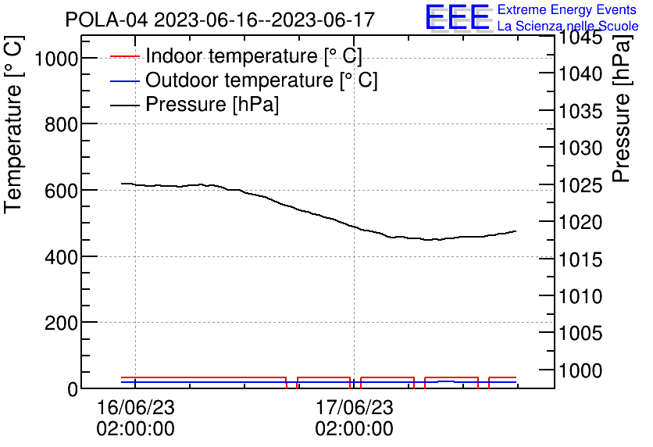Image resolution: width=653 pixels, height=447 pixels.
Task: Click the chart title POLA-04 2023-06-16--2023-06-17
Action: pyautogui.click(x=219, y=20)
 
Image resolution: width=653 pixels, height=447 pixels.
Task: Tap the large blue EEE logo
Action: pyautogui.click(x=458, y=17)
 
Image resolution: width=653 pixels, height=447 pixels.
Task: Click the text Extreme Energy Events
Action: pyautogui.click(x=568, y=10)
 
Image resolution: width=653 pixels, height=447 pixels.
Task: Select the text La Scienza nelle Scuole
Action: pyautogui.click(x=568, y=26)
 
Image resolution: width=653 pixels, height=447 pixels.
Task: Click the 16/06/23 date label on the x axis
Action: pyautogui.click(x=135, y=408)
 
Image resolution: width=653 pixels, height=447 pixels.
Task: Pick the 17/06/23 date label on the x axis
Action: pyautogui.click(x=354, y=408)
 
